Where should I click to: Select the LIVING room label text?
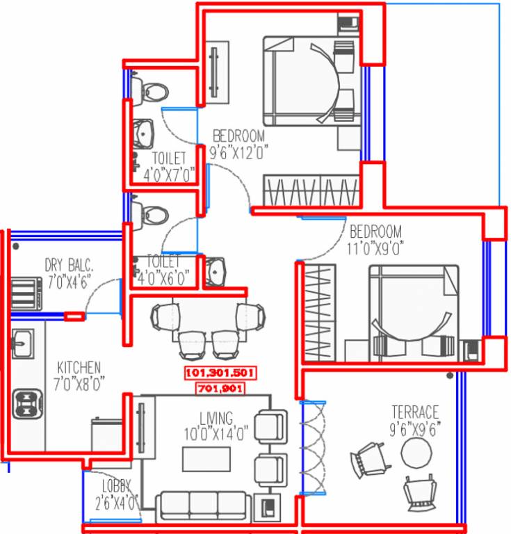click(216, 418)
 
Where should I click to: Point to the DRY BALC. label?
click(69, 265)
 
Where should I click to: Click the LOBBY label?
click(115, 486)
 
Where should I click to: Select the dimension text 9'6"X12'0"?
click(238, 149)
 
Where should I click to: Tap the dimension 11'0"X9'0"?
click(376, 245)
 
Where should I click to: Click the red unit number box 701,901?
click(220, 389)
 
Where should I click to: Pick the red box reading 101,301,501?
click(220, 373)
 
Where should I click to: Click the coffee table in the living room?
click(206, 460)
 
